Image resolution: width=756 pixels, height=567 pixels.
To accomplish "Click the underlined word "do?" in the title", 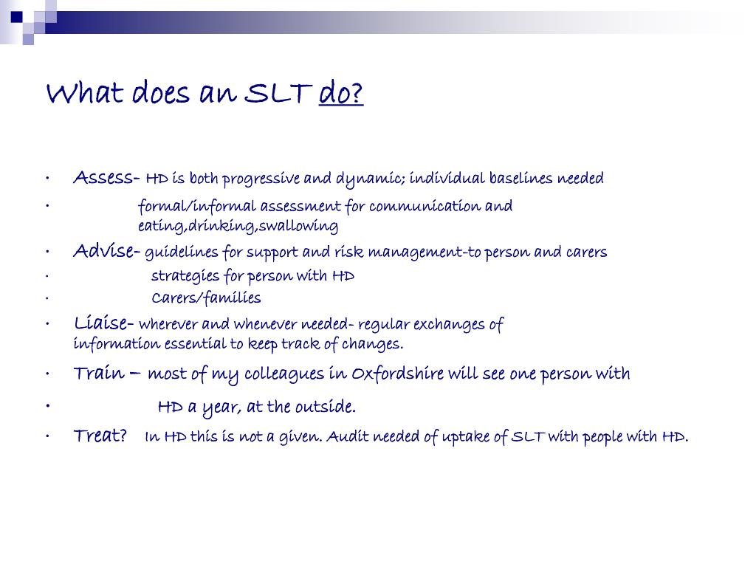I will [341, 94].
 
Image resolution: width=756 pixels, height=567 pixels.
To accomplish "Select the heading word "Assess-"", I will [106, 178].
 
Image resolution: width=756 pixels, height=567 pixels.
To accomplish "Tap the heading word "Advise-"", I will [106, 252].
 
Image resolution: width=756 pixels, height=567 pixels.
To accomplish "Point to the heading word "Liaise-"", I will [103, 323].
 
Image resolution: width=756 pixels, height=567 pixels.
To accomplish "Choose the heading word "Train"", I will [99, 374].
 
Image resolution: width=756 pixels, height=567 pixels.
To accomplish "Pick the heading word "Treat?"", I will [100, 436].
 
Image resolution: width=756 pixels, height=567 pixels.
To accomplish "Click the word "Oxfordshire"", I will [397, 374].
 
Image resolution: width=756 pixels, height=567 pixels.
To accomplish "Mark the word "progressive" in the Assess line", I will [261, 179].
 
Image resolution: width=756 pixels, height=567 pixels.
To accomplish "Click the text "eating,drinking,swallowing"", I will [238, 226].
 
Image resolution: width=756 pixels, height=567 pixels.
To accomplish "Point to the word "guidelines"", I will [182, 253].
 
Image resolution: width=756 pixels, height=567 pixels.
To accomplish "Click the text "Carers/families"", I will [206, 298].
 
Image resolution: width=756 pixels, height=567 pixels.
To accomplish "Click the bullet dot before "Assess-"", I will [47, 179].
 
